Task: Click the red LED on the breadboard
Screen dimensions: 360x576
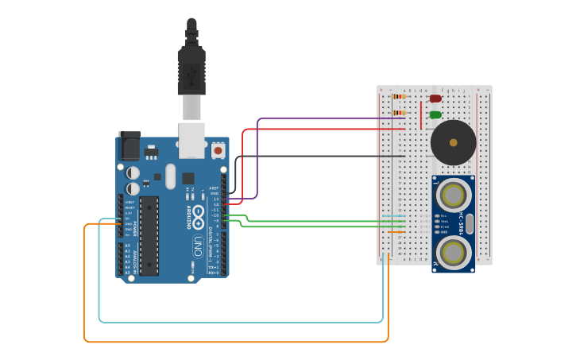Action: (x=435, y=99)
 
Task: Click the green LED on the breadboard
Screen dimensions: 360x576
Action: (x=435, y=115)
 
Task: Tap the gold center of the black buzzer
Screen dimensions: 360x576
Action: (x=453, y=143)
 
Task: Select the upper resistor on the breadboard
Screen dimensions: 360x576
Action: (x=399, y=96)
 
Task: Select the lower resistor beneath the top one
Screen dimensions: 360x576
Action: (x=399, y=113)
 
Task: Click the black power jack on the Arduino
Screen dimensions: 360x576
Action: (x=129, y=146)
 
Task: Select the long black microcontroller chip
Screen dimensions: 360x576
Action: (x=149, y=236)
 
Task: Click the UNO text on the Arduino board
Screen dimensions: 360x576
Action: (x=197, y=247)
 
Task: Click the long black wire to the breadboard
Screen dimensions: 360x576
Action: (x=318, y=157)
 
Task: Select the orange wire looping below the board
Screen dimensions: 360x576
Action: (x=238, y=342)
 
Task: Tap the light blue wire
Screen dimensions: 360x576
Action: (x=238, y=322)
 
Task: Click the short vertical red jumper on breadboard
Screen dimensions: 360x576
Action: (x=421, y=115)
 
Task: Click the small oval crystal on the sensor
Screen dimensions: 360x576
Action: (x=470, y=223)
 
